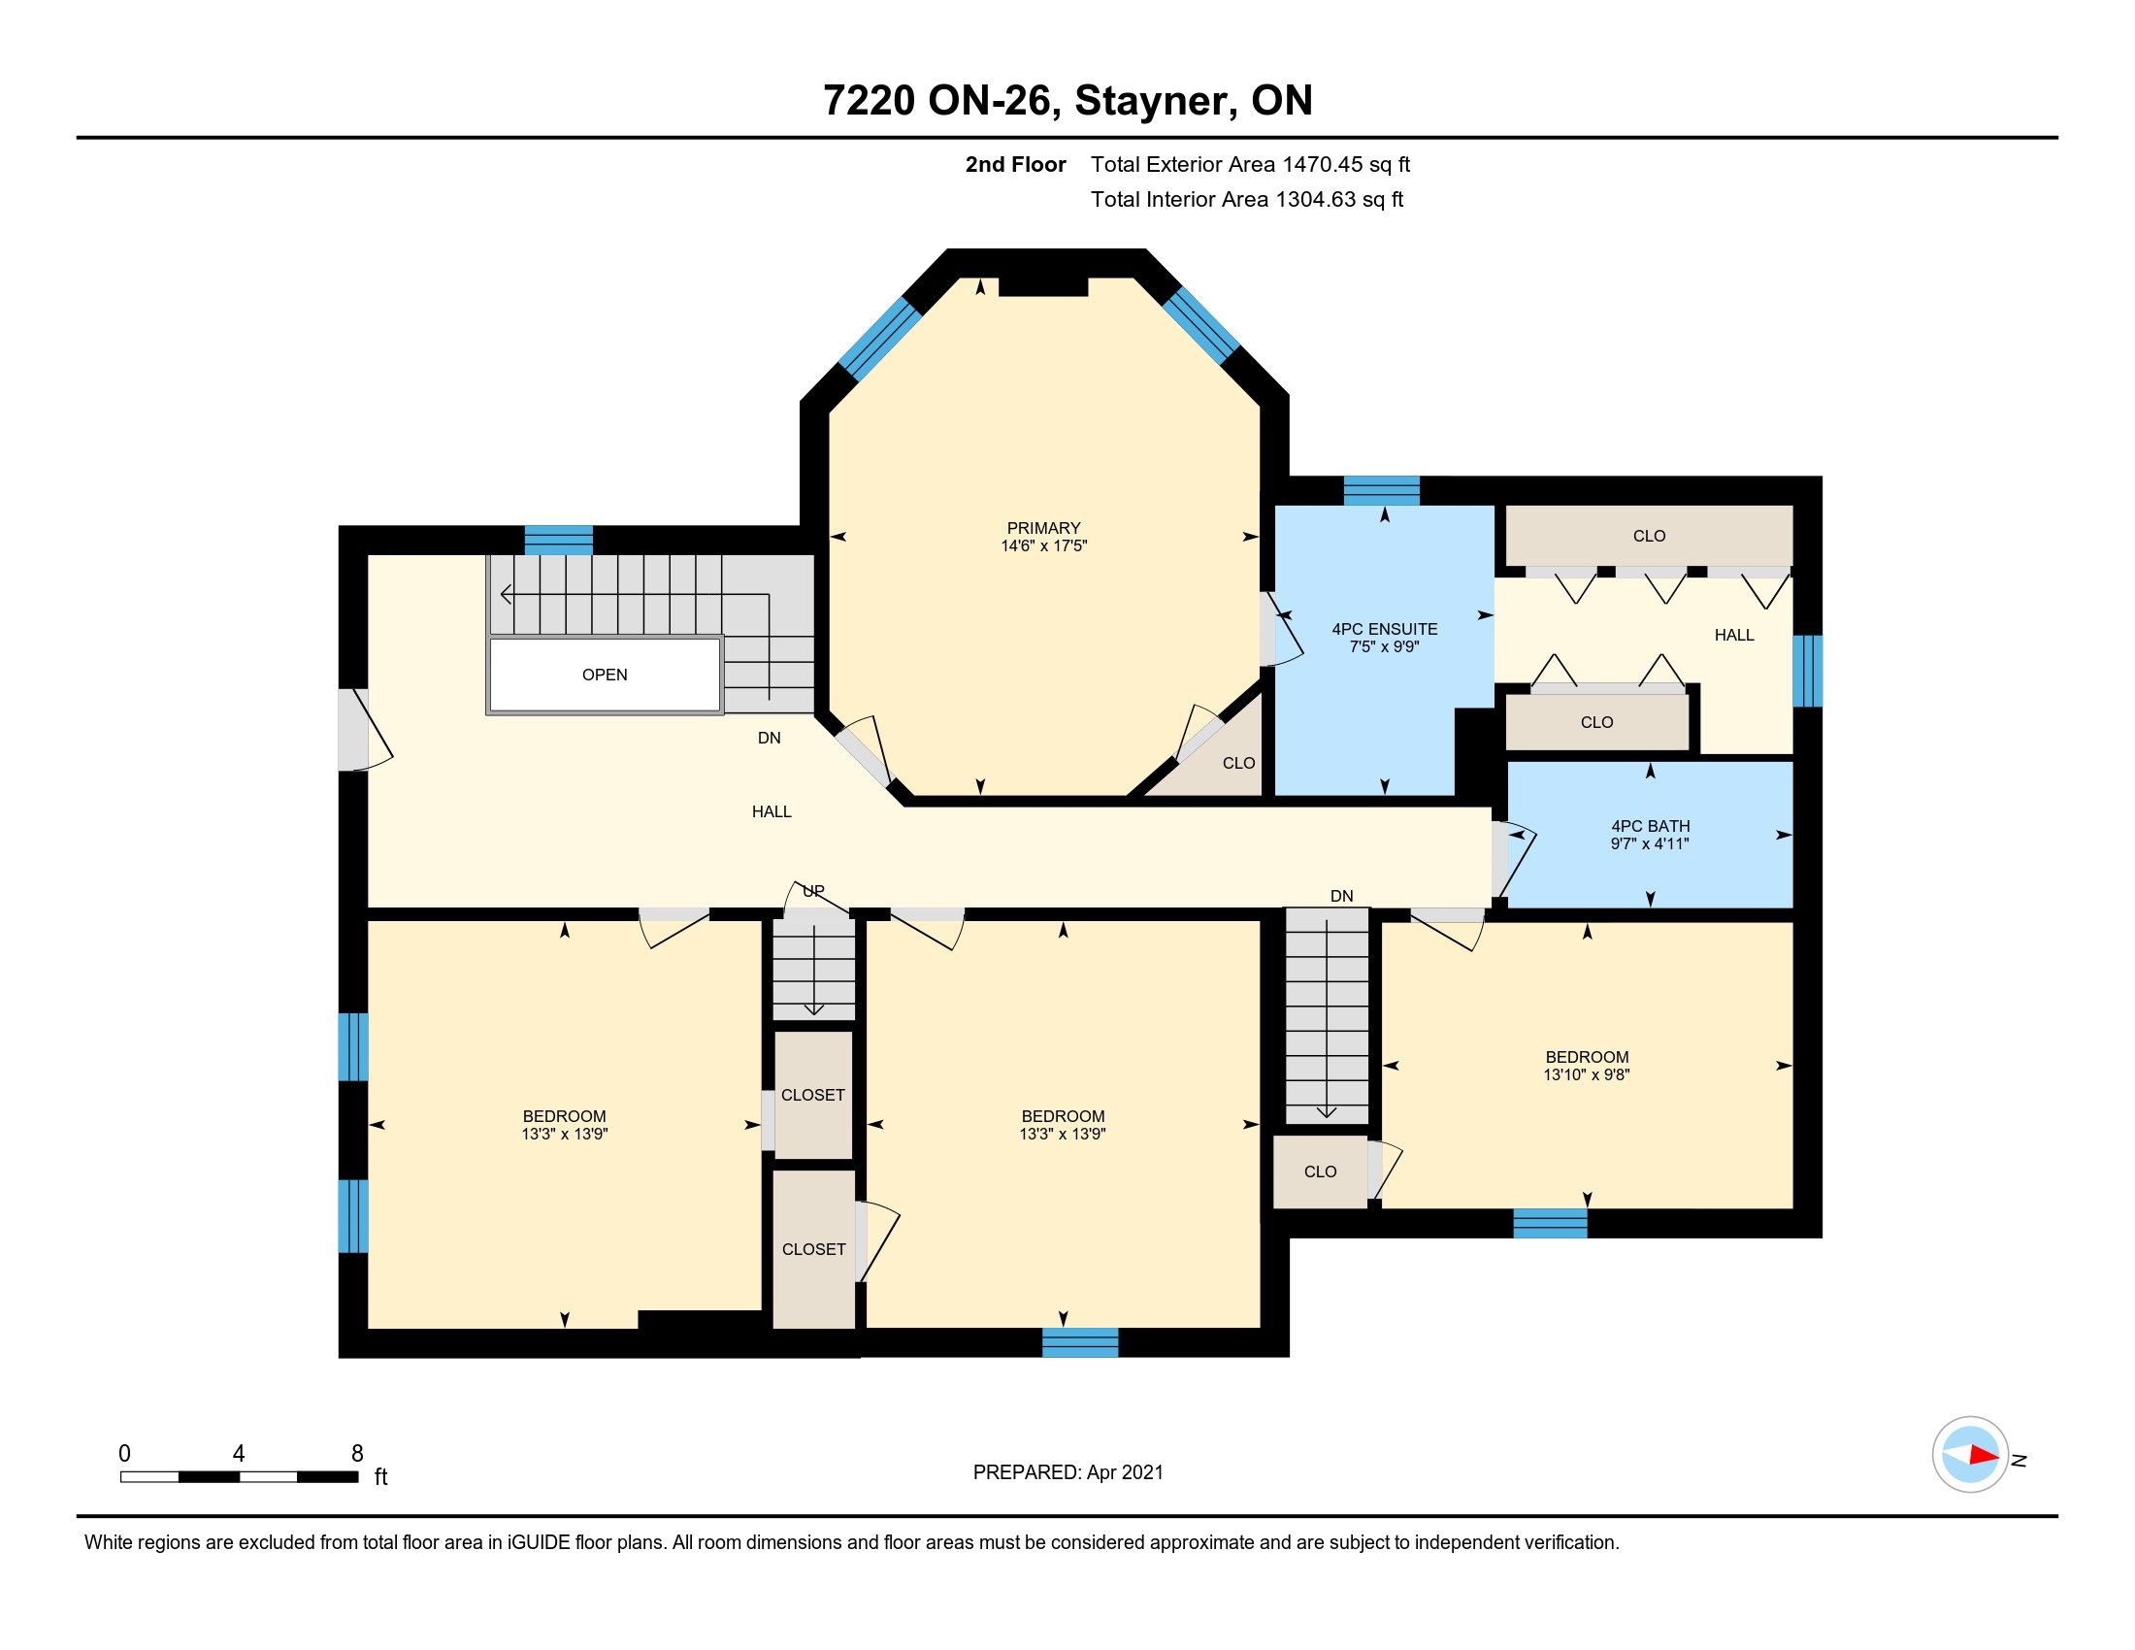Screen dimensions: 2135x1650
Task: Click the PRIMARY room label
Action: pyautogui.click(x=1043, y=528)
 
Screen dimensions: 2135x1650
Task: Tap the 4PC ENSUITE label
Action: pyautogui.click(x=1384, y=630)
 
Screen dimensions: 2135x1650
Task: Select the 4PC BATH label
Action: pyautogui.click(x=1650, y=826)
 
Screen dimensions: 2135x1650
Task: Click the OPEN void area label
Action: pyautogui.click(x=605, y=675)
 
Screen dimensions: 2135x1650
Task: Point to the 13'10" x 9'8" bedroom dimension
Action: pyautogui.click(x=1587, y=1075)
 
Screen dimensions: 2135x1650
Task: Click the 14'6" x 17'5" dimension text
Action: pyautogui.click(x=1043, y=546)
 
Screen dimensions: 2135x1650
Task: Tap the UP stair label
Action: pyautogui.click(x=813, y=890)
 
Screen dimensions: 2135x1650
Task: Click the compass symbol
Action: pyautogui.click(x=1970, y=1455)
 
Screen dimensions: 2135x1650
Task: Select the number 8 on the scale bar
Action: pyautogui.click(x=358, y=1454)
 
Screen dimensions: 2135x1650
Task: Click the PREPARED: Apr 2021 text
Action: pyautogui.click(x=1068, y=1472)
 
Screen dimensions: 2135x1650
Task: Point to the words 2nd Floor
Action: pyautogui.click(x=1016, y=164)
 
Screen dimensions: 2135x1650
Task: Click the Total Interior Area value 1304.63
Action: pyautogui.click(x=1315, y=199)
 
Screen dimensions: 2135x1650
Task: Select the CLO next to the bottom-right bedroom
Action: pyautogui.click(x=1320, y=1171)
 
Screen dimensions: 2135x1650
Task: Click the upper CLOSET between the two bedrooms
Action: pyautogui.click(x=813, y=1095)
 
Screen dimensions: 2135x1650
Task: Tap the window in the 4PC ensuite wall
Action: pyautogui.click(x=1381, y=491)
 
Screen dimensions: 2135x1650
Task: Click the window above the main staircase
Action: pyautogui.click(x=559, y=540)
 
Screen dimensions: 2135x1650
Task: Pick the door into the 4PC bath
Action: pyautogui.click(x=1511, y=860)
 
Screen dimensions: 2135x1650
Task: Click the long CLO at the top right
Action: pyautogui.click(x=1648, y=536)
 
